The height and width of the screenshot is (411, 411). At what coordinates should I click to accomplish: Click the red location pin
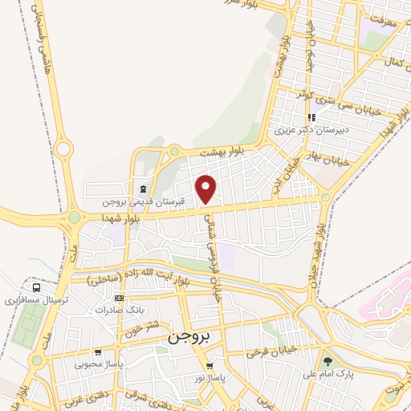(x=206, y=189)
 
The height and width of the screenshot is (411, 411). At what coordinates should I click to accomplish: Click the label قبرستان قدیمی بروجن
(x=144, y=200)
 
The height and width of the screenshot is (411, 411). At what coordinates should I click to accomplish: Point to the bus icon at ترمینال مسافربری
(x=35, y=287)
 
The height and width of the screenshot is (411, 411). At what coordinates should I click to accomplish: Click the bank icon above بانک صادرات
(x=120, y=298)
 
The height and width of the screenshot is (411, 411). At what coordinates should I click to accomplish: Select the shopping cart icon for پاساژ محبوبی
(x=97, y=352)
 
